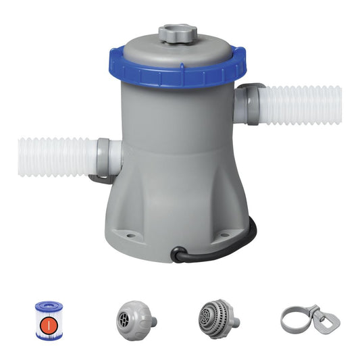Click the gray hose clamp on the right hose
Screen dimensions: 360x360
tap(252, 105)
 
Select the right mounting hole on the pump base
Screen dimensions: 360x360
tap(224, 236)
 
